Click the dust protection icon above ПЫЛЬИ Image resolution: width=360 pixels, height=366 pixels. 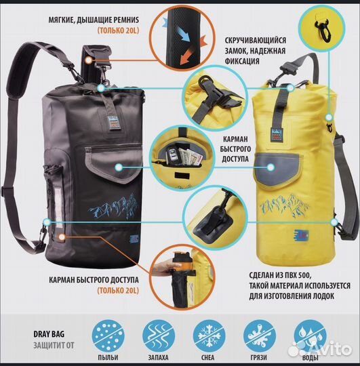[x=108, y=336]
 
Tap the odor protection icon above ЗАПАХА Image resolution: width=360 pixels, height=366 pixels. [x=159, y=336]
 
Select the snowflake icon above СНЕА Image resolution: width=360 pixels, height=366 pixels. [x=209, y=336]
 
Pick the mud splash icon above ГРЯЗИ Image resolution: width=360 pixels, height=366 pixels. [x=260, y=336]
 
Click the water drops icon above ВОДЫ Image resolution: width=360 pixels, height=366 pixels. [x=311, y=336]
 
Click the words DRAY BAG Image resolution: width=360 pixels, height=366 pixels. [x=49, y=334]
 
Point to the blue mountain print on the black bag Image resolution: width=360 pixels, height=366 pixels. [x=113, y=207]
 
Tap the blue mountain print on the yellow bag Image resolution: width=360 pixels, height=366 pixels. [x=285, y=205]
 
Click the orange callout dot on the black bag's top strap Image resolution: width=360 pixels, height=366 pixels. [x=88, y=60]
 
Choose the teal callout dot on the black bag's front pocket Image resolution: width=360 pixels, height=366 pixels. [x=119, y=167]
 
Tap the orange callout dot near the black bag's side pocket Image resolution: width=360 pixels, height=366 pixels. [x=62, y=237]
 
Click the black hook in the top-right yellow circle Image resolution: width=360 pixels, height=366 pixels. [x=322, y=28]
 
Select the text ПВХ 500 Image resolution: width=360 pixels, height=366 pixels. [x=298, y=275]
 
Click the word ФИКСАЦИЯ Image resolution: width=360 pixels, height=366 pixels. [x=242, y=61]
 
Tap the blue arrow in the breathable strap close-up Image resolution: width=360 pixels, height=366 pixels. [x=182, y=34]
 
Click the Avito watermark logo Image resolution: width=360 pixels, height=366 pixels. [x=320, y=350]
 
